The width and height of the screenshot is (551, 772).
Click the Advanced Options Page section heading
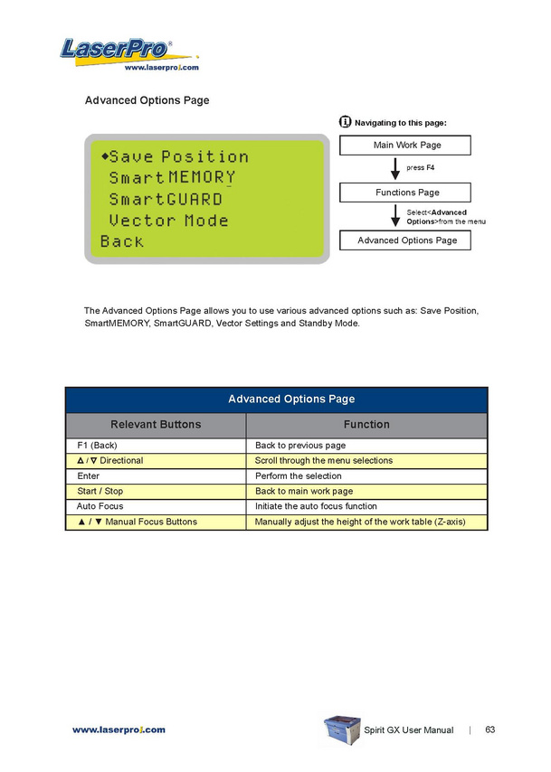[146, 100]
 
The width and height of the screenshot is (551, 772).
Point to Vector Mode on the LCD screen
[168, 221]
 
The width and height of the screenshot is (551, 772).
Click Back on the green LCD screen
[122, 241]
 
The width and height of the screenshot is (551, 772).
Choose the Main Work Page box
[407, 146]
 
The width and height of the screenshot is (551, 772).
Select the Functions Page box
[407, 193]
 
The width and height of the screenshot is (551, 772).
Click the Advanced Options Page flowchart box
[407, 240]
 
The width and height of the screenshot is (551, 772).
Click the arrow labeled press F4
[395, 168]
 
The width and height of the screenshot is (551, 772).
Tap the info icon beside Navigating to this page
[345, 122]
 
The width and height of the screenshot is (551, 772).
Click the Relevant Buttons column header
[156, 424]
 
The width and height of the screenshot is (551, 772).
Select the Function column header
[366, 424]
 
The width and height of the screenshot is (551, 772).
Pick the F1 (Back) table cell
[156, 446]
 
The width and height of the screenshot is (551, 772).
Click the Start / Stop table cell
[156, 491]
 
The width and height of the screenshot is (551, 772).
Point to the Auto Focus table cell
[156, 506]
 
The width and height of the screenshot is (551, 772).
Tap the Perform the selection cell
[366, 475]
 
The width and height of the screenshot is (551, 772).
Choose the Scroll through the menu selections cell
[366, 461]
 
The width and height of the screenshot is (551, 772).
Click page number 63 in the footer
[490, 730]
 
